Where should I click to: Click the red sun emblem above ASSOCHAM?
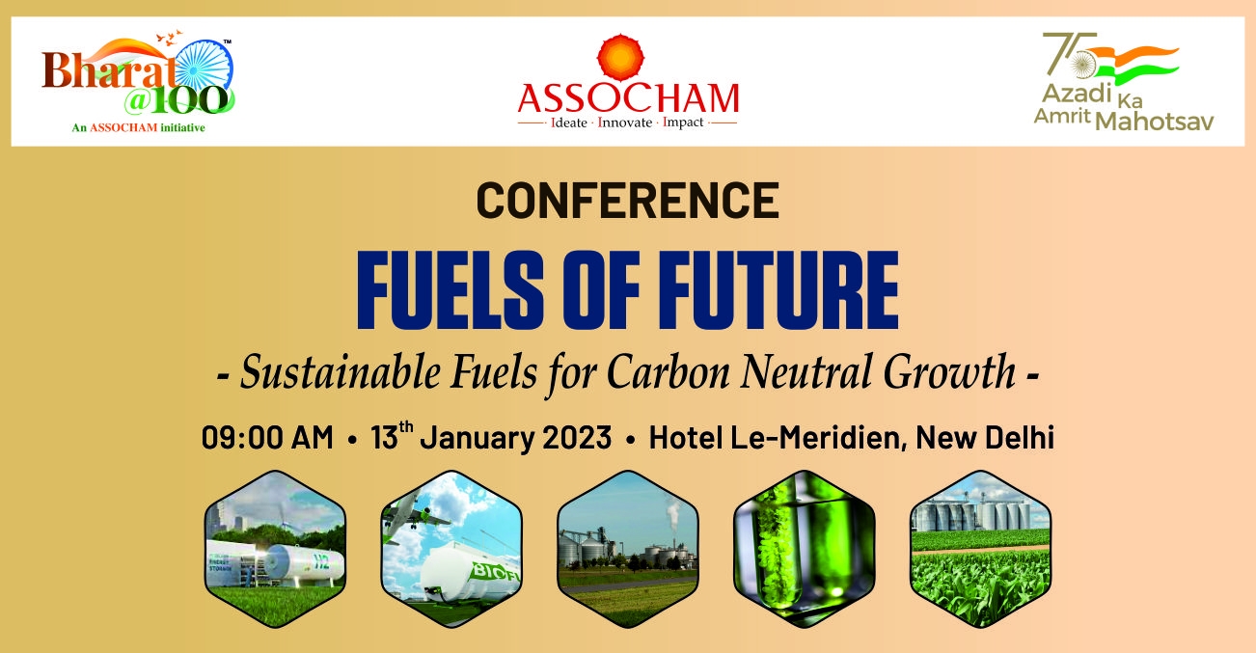620,57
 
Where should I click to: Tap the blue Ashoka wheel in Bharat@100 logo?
202,67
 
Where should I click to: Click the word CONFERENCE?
627,200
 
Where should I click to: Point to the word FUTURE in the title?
778,289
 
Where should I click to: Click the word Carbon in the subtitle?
668,371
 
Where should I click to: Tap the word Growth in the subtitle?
949,371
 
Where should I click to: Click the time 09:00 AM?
267,437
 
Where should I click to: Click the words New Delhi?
985,437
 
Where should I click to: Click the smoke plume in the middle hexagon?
671,516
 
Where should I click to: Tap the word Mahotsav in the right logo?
1155,122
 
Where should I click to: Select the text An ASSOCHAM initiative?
139,127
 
